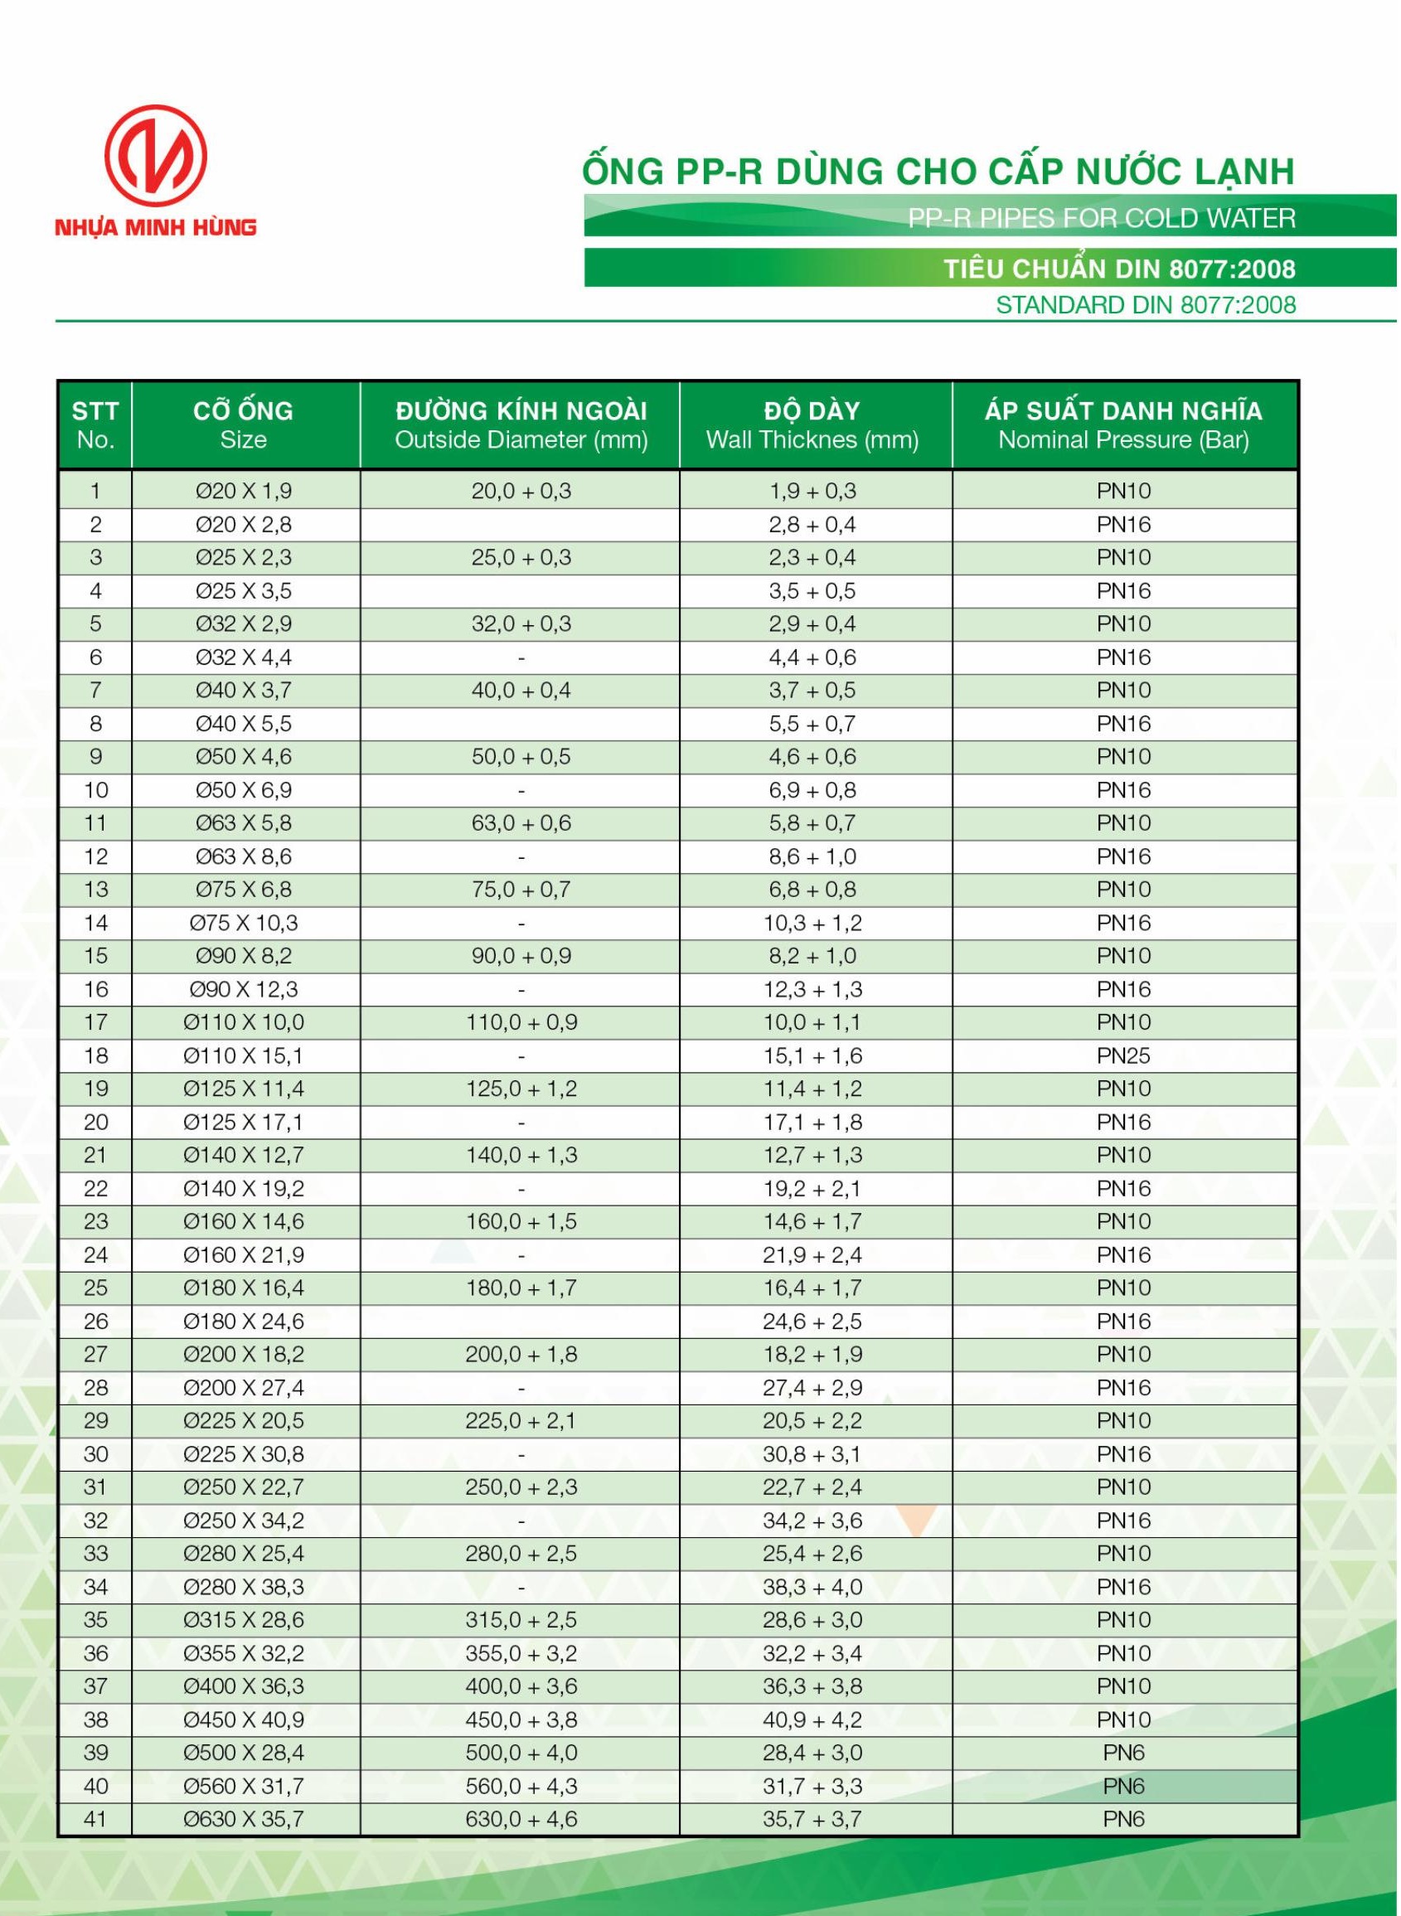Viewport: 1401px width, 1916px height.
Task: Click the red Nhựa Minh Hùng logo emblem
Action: [x=155, y=155]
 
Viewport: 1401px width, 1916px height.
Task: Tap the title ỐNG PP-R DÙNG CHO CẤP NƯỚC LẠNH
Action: [x=938, y=172]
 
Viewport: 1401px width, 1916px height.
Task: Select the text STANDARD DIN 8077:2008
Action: [x=1145, y=305]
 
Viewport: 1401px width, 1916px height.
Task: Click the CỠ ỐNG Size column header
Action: [x=244, y=425]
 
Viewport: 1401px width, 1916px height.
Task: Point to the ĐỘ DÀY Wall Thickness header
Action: [x=812, y=425]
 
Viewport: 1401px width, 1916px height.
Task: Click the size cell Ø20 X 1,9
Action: [x=244, y=491]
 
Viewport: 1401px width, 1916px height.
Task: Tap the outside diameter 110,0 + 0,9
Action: [x=521, y=1023]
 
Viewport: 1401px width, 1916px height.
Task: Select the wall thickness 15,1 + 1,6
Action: [x=812, y=1056]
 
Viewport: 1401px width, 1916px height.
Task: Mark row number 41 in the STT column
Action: [x=96, y=1819]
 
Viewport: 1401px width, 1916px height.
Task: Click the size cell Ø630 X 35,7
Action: [x=244, y=1819]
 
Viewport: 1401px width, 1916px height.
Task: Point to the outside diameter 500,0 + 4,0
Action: [x=521, y=1754]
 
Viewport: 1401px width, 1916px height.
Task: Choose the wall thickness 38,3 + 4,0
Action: [x=812, y=1587]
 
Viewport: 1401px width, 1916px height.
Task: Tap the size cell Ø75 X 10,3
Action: [x=244, y=923]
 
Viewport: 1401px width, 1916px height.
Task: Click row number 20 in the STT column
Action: [x=96, y=1122]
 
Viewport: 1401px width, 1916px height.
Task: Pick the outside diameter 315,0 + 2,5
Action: [x=521, y=1620]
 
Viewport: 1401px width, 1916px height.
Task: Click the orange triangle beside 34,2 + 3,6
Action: [x=917, y=1519]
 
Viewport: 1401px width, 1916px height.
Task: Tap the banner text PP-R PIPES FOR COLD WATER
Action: [x=1101, y=219]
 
